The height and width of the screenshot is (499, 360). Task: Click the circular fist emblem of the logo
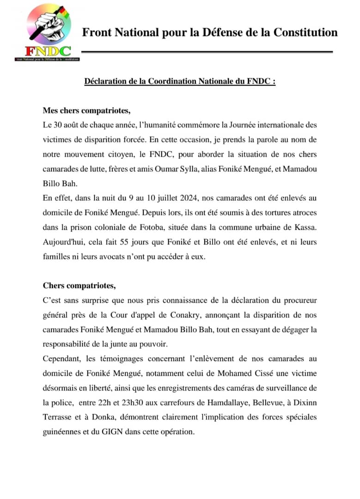tap(48, 24)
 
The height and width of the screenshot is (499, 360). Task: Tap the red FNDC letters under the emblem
tap(48, 51)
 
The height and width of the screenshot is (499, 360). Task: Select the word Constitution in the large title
tap(305, 32)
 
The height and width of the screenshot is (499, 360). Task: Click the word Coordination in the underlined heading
tap(169, 81)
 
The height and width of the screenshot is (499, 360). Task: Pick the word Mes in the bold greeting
tap(50, 111)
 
